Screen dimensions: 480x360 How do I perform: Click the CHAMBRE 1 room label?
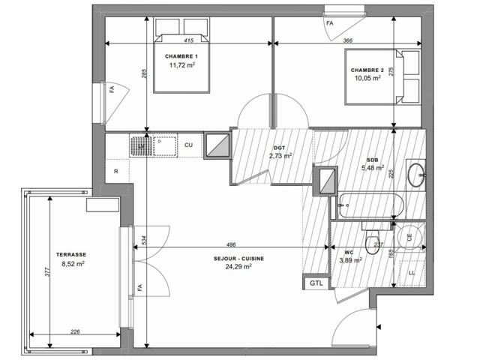point(181,56)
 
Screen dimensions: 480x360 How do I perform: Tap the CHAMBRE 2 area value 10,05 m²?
point(367,78)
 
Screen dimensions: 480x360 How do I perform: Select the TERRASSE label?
point(71,254)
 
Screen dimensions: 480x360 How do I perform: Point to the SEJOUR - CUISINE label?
point(238,259)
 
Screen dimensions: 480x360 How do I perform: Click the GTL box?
point(316,283)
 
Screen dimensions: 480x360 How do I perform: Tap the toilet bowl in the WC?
point(372,245)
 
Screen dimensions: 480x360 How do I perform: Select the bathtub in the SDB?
point(370,205)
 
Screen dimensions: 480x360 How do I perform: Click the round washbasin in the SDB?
point(416,175)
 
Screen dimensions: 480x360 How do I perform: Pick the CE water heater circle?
point(410,237)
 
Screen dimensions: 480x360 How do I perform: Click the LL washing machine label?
point(412,273)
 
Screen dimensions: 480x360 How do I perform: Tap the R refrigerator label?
point(116,172)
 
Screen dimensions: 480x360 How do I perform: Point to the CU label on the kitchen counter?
point(188,145)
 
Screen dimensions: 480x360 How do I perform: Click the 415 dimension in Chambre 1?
point(189,40)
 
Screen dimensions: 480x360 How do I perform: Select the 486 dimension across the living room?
point(231,244)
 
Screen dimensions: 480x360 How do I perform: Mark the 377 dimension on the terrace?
point(46,272)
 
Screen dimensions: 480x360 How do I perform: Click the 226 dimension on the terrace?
point(75,331)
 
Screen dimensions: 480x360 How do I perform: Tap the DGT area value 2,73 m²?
point(280,156)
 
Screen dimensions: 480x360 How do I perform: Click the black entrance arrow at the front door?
point(379,327)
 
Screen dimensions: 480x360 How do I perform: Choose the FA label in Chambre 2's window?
point(330,23)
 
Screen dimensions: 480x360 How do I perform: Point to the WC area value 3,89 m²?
point(350,260)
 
